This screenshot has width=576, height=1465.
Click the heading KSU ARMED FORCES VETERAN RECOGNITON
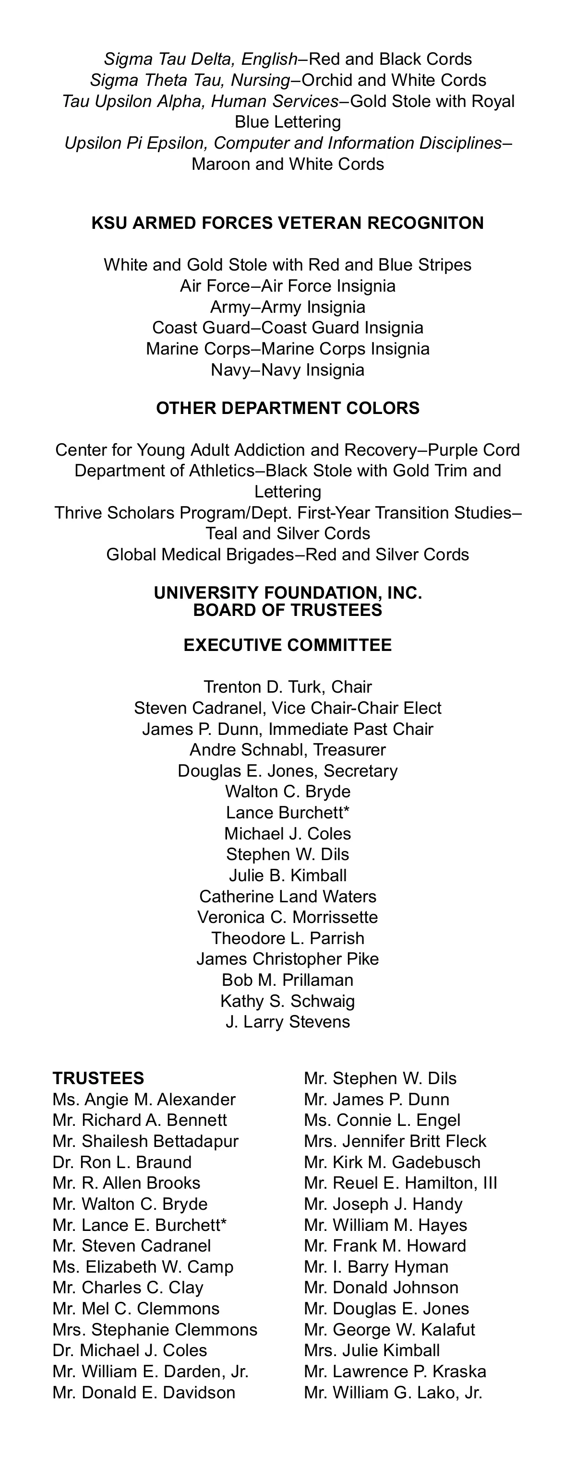288,223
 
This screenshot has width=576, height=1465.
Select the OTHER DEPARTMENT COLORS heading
288,408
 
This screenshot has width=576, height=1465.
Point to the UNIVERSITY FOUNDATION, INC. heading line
288,593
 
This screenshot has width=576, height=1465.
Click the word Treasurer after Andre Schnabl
349,750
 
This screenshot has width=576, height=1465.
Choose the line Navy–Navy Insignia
288,370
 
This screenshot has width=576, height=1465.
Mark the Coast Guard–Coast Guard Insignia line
288,328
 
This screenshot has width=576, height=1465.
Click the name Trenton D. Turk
264,687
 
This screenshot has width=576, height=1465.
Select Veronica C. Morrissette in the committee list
288,917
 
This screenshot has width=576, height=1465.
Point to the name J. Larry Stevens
288,1022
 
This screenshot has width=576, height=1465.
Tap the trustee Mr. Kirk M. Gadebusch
392,1162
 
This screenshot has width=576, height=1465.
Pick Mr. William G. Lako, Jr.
393,1393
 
